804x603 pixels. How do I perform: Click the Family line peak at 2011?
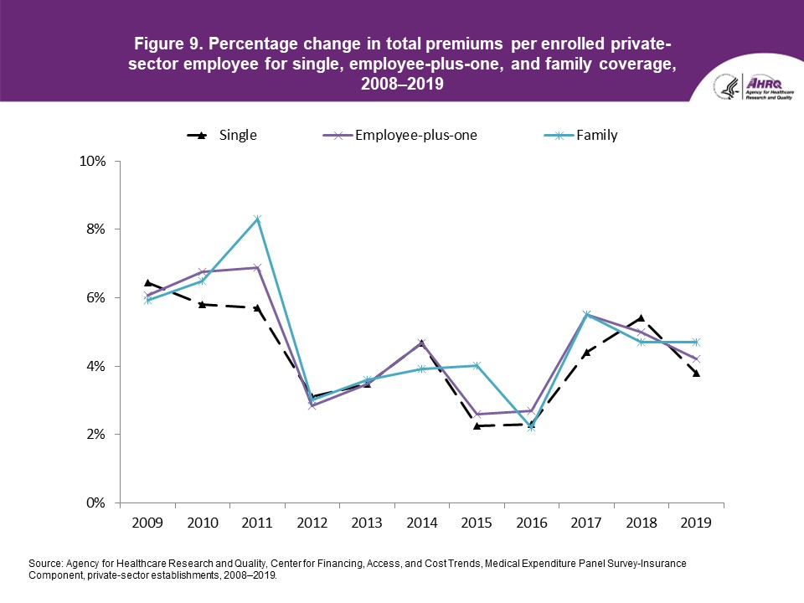(x=257, y=219)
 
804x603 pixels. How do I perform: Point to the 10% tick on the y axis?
(x=95, y=161)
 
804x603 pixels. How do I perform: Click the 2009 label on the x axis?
(x=147, y=523)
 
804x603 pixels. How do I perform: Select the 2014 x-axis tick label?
(x=421, y=523)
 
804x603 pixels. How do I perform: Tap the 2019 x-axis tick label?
(x=696, y=523)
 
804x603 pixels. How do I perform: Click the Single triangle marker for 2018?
(x=641, y=318)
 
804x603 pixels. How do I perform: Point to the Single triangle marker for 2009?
(x=147, y=283)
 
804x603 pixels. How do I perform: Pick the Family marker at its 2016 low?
(x=531, y=428)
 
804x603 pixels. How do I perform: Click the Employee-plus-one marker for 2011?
(x=257, y=268)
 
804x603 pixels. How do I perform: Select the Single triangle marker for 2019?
(x=696, y=374)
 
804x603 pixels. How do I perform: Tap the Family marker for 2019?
(x=696, y=342)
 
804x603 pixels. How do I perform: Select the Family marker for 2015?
(x=477, y=365)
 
